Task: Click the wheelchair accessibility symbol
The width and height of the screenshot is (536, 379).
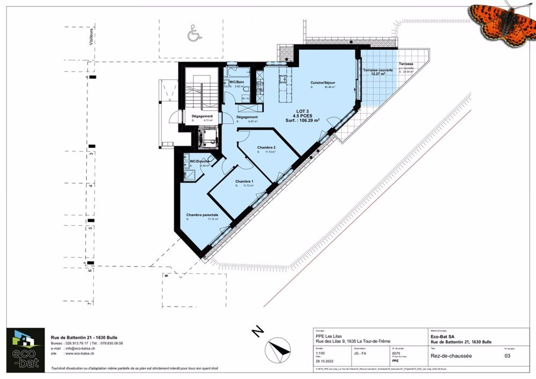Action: pos(192,35)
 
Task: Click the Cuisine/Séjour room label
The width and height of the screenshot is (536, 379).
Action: pos(323,83)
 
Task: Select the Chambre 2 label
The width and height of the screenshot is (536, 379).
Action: pos(266,147)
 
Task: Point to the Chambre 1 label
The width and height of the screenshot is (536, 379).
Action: pos(244,182)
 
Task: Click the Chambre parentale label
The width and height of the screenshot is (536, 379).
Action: pos(202,214)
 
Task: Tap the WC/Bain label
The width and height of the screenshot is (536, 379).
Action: pos(237,81)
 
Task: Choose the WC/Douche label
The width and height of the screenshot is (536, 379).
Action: pos(199,161)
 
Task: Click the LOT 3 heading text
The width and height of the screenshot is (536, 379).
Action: pos(304,110)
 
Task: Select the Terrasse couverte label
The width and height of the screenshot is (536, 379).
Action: pos(377,70)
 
